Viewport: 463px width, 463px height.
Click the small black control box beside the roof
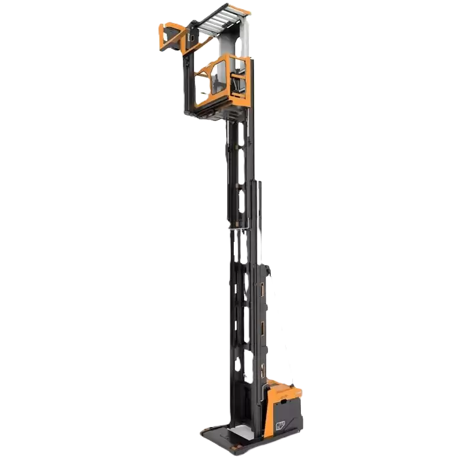(x=190, y=38)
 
